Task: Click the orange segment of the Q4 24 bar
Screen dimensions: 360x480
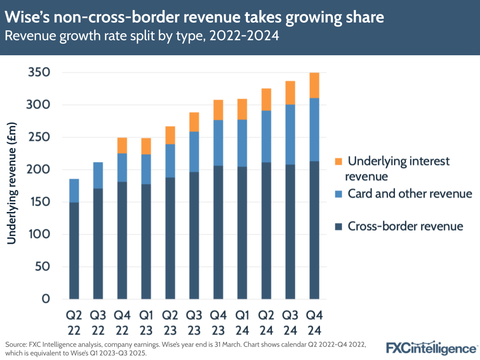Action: pyautogui.click(x=314, y=86)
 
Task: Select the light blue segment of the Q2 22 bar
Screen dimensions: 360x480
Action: pyautogui.click(x=74, y=190)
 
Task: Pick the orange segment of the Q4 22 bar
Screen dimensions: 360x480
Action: pyautogui.click(x=122, y=146)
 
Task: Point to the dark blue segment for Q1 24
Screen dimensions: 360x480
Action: pyautogui.click(x=242, y=233)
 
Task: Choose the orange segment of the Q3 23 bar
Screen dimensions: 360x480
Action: pyautogui.click(x=194, y=122)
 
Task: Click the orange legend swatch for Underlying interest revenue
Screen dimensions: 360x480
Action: pyautogui.click(x=338, y=161)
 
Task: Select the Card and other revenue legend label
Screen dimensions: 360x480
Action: pyautogui.click(x=410, y=194)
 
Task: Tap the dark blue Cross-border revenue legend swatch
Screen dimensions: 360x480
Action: pyautogui.click(x=338, y=226)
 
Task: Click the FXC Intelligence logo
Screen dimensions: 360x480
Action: pyautogui.click(x=431, y=347)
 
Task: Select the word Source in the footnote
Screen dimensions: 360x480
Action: pyautogui.click(x=16, y=345)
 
